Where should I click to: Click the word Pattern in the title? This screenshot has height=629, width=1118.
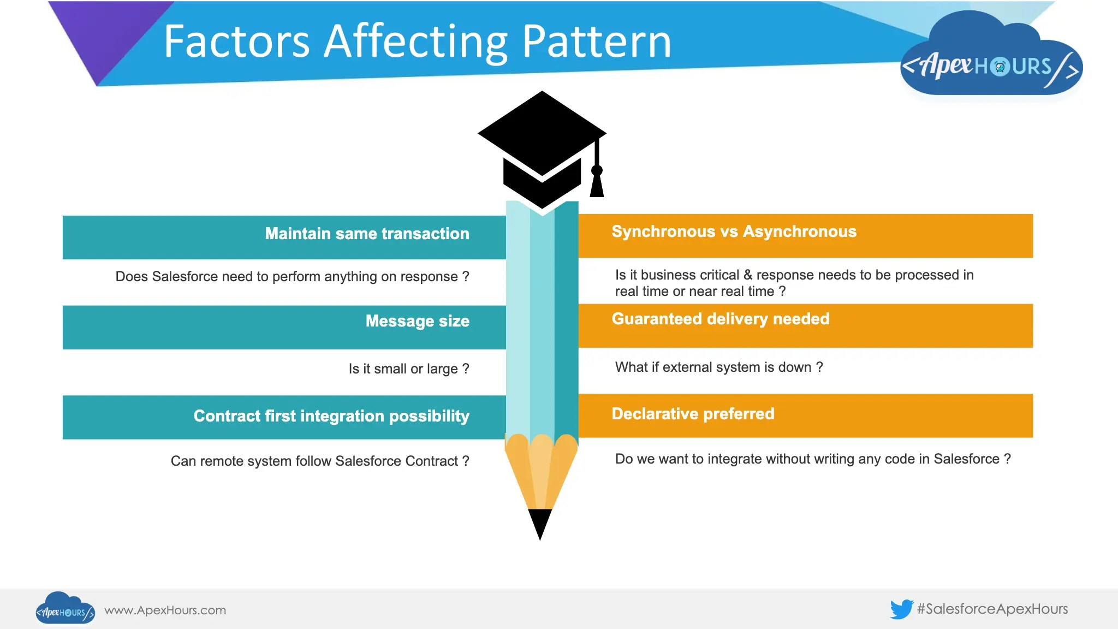pos(596,41)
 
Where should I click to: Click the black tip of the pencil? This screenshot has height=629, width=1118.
pos(540,523)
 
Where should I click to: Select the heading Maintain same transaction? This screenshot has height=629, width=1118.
pos(367,234)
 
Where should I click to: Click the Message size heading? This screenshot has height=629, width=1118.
pos(417,321)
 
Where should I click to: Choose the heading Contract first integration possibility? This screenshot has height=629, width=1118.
pos(331,416)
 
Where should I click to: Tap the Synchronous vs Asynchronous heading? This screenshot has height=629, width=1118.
pos(734,232)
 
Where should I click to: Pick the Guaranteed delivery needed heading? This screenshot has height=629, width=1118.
pos(720,319)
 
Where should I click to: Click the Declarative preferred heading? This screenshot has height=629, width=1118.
pos(693,414)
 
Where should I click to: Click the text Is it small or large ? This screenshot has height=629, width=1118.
pos(408,369)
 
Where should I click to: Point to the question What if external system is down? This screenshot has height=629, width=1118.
pos(718,367)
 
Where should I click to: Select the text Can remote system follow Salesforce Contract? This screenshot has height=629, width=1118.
pos(319,461)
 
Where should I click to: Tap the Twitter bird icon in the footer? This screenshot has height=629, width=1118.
pos(901,609)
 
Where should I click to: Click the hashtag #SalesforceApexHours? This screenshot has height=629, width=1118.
pos(992,609)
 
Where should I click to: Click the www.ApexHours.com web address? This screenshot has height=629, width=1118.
pos(165,610)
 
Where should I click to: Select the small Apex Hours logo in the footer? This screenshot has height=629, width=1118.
pos(65,609)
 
